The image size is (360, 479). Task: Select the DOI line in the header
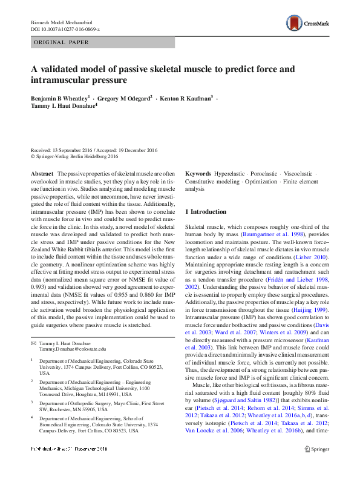[65, 29]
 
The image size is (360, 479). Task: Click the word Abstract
[42, 174]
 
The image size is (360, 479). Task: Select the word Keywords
[198, 174]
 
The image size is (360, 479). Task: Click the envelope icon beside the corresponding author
[34, 343]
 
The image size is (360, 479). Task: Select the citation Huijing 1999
[312, 309]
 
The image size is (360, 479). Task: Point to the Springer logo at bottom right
[316, 466]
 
